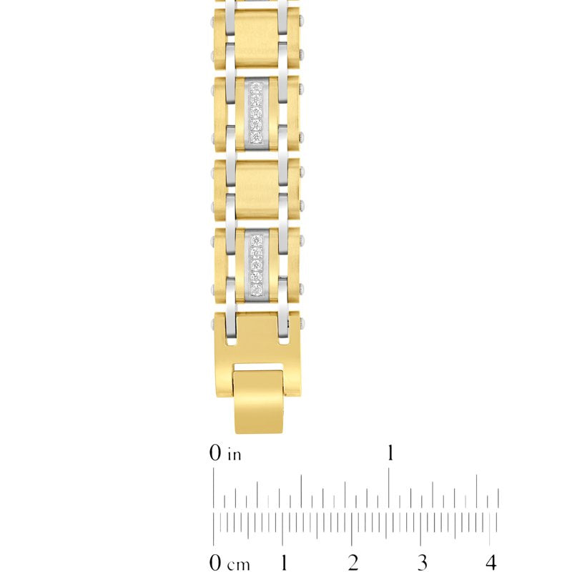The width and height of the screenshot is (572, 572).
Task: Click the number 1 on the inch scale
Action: click(390, 453)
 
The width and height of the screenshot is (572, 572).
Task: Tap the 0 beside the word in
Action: click(215, 453)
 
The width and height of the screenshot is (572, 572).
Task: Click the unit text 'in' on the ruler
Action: click(235, 455)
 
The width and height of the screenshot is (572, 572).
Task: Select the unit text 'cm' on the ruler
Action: click(238, 564)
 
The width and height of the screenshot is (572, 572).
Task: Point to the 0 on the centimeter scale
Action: click(216, 562)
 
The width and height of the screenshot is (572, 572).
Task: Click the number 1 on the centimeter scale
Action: click(283, 562)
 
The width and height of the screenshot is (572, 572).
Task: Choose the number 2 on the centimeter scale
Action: click(352, 562)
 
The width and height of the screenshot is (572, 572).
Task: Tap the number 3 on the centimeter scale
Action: click(422, 562)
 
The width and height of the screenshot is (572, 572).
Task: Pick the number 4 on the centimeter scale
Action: click(491, 562)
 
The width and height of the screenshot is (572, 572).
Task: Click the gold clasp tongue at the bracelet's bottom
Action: click(259, 402)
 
